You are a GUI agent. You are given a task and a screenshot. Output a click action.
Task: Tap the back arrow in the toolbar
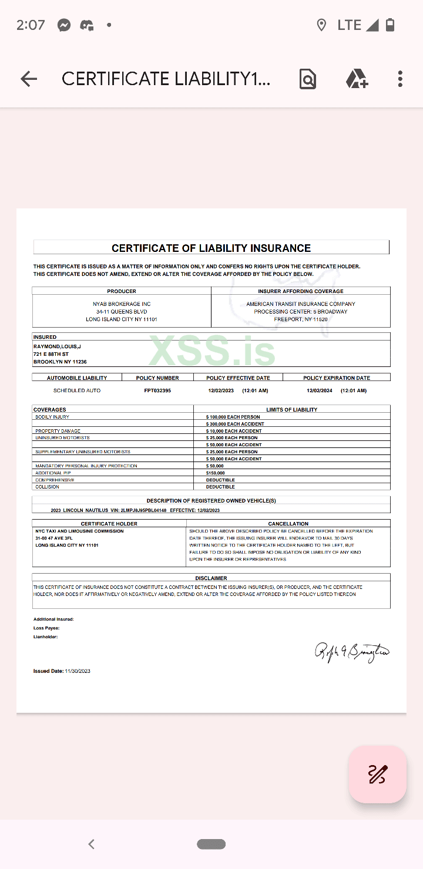tap(28, 79)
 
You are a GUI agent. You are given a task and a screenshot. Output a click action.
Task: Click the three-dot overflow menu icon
tap(400, 79)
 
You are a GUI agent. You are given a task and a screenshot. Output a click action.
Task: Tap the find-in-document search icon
tap(307, 79)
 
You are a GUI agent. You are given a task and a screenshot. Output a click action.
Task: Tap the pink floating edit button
tap(377, 774)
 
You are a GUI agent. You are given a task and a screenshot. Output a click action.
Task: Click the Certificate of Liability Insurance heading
tap(211, 248)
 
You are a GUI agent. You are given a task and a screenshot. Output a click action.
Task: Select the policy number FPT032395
tap(157, 390)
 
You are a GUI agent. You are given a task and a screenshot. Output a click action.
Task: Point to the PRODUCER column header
tap(122, 291)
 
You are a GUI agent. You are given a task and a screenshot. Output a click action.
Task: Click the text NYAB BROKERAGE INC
tap(122, 304)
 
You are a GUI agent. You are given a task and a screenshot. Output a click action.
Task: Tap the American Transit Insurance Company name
tap(301, 304)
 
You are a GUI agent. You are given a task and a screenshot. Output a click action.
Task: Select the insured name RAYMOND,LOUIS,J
tap(57, 347)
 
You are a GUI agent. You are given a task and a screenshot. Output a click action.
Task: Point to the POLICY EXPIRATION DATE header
tap(337, 378)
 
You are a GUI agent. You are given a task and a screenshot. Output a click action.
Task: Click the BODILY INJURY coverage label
tap(52, 417)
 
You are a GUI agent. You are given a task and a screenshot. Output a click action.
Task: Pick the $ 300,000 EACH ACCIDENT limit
tap(235, 424)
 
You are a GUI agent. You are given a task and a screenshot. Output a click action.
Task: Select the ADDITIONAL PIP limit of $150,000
tap(216, 473)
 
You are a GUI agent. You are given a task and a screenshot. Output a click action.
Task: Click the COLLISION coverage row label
tap(47, 487)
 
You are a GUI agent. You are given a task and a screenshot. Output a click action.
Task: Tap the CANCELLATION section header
tap(288, 524)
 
